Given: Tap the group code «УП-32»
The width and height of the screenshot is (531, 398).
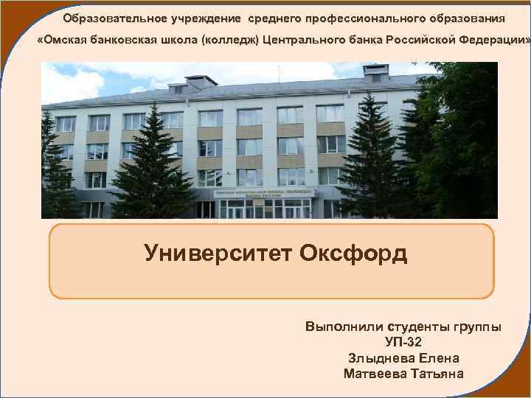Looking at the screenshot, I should click(403, 342).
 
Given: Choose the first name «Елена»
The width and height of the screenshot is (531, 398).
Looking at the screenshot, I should click(440, 358).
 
